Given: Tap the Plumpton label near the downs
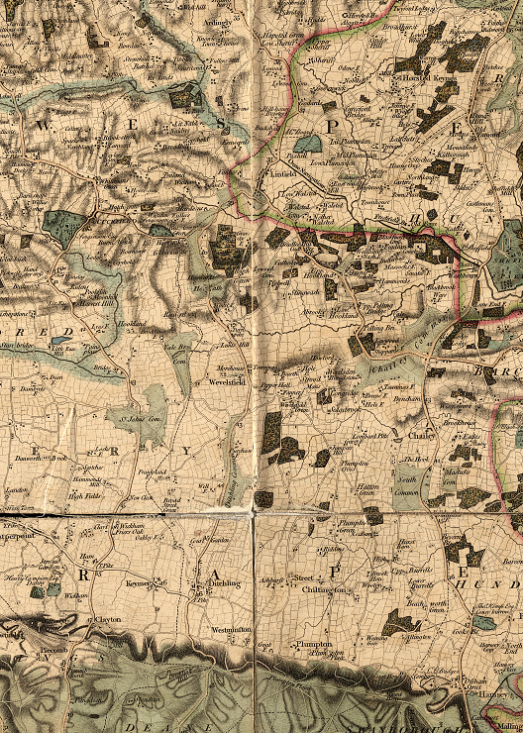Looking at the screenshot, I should click(311, 644).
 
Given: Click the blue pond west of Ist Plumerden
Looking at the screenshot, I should click(309, 145).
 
